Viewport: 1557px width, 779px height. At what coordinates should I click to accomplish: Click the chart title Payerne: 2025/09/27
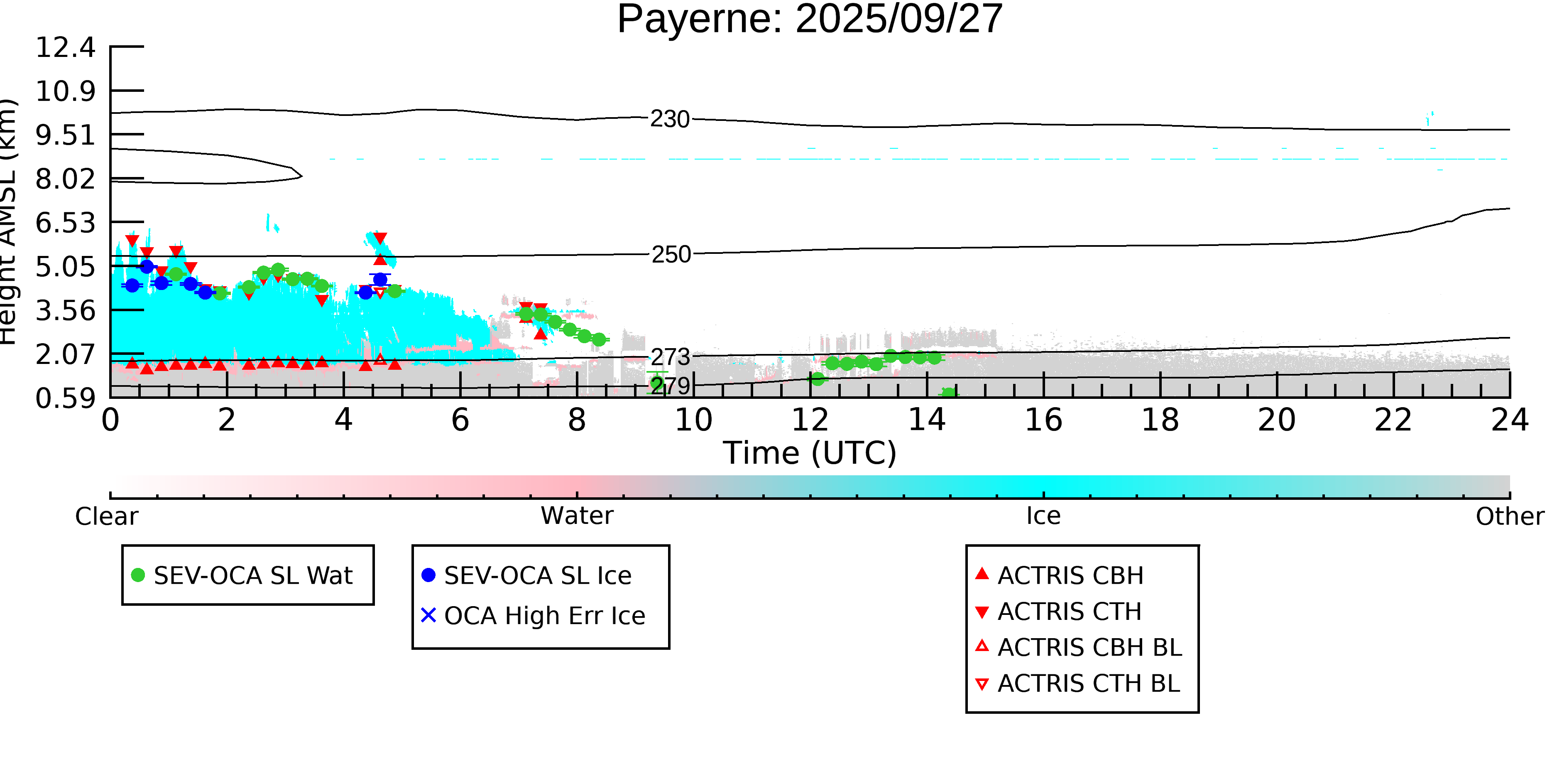point(809,20)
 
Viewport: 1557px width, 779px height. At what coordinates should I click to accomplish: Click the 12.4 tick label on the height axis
point(65,47)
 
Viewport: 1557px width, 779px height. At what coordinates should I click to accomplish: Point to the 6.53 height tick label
point(65,223)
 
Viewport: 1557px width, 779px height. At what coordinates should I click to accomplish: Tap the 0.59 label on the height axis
point(65,398)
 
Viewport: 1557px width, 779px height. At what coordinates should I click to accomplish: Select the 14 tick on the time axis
point(927,420)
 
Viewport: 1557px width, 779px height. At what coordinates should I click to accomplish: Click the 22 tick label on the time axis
point(1393,420)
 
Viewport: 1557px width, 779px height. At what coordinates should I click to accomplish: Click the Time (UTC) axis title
point(809,453)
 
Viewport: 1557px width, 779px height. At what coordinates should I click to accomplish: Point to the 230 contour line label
point(670,119)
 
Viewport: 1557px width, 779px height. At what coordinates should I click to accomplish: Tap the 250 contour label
point(670,255)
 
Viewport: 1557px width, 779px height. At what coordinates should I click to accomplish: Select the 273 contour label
point(670,357)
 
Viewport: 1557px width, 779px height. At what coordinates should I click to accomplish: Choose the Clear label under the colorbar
point(106,516)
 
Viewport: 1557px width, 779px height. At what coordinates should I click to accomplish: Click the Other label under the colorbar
point(1510,516)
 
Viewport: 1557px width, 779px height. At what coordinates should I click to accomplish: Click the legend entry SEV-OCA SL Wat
point(242,575)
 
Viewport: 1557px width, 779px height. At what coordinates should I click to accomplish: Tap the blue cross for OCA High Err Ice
point(428,615)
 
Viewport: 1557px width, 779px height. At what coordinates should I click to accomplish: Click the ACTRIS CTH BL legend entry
point(1078,683)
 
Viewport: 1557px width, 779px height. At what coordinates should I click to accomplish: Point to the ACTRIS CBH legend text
point(1070,575)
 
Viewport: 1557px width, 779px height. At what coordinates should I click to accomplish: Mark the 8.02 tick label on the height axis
point(65,179)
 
